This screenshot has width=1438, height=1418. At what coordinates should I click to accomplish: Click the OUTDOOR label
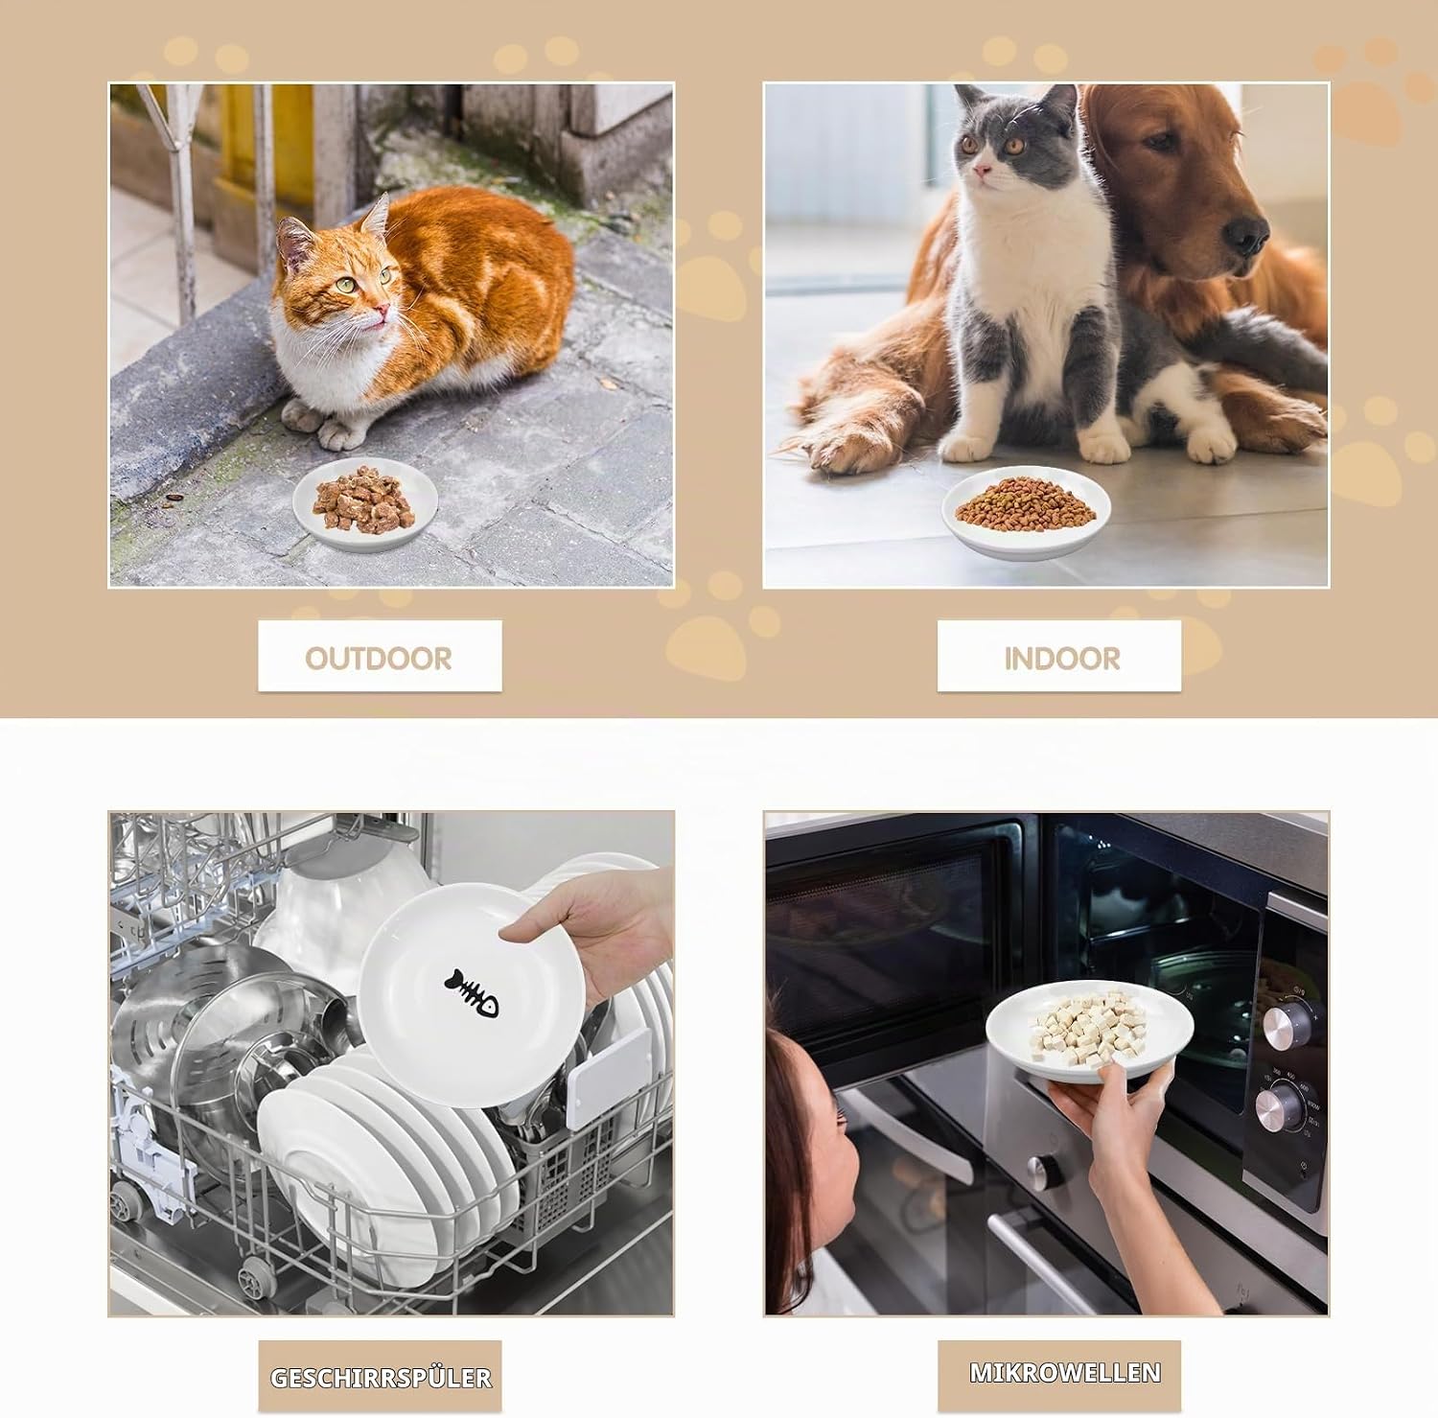click(x=379, y=658)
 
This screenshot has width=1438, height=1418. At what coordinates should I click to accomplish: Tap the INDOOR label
click(x=1061, y=658)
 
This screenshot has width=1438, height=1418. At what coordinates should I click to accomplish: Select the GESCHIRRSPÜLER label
click(x=381, y=1378)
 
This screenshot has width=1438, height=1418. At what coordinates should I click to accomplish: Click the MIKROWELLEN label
click(x=1065, y=1372)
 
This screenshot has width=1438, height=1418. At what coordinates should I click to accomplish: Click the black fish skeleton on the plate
click(x=472, y=991)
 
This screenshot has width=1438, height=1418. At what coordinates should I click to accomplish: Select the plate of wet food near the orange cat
click(x=364, y=501)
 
